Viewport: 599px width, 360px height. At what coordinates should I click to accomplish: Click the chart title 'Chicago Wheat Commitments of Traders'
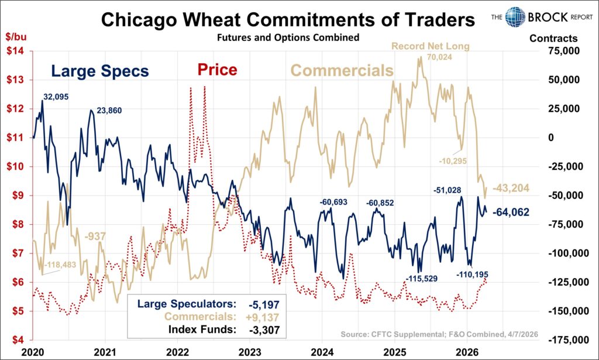coord(287,20)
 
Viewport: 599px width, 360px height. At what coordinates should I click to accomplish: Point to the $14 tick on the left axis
coord(15,51)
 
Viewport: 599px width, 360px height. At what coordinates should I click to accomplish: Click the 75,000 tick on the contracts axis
coord(563,51)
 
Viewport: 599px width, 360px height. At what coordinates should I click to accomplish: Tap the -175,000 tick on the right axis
coord(561,340)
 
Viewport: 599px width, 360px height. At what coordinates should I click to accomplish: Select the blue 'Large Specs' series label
coord(99,71)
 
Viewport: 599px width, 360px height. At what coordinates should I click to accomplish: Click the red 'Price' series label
coord(217,70)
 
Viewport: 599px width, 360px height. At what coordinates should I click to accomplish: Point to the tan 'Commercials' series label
coord(342,71)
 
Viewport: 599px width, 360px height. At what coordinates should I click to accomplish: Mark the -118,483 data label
coord(65,264)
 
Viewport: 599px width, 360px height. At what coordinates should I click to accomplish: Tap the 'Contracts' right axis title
coord(553,39)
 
